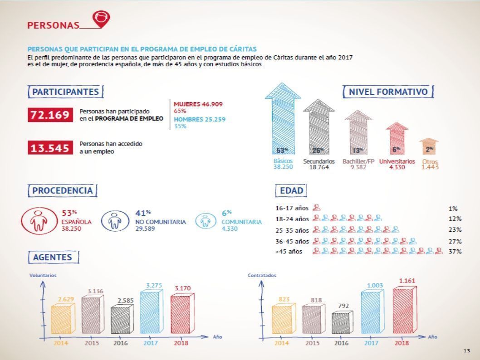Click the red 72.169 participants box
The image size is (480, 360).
pos(50,115)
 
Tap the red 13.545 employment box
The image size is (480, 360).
pos(50,148)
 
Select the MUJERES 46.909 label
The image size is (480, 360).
pos(198,104)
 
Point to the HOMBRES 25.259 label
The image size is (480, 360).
pos(200,119)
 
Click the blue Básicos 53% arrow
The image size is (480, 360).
pos(283,118)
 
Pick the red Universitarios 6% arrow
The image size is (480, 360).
pos(397,138)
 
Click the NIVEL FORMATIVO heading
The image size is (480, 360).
pos(388,92)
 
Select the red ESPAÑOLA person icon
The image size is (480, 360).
pos(39,221)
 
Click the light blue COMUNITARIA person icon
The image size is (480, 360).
pos(205,220)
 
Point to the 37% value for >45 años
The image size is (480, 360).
pos(455,252)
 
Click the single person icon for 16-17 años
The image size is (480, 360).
pos(317,208)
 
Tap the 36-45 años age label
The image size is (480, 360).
pos(292,241)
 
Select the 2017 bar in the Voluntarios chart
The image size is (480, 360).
pos(151,311)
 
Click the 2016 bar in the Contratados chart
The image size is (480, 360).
pos(342,323)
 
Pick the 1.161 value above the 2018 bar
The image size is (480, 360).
pos(407,281)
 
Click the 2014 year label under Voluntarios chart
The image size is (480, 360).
pos(61,343)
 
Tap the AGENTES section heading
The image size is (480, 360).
pos(53,257)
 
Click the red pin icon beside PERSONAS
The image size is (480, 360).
pos(101,19)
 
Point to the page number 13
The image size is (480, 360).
pos(466,350)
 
